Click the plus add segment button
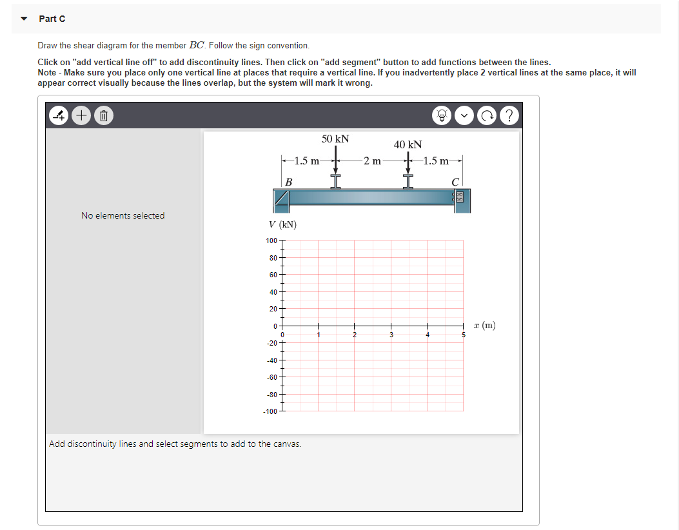[81, 117]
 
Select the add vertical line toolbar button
[59, 117]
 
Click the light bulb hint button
[442, 117]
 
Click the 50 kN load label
[335, 139]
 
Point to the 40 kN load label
[408, 144]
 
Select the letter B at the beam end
[288, 182]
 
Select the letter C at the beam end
[456, 182]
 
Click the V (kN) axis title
[282, 224]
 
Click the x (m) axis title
[484, 326]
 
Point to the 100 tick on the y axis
[271, 240]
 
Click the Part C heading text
[52, 19]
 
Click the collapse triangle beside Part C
[24, 19]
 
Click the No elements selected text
[123, 215]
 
